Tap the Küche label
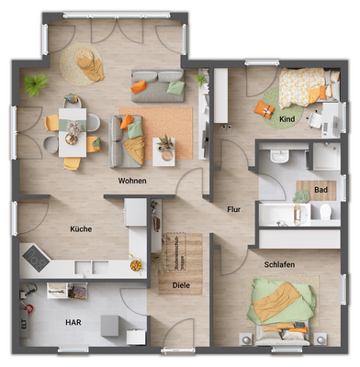81,228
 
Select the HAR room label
73,322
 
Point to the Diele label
182,285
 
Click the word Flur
233,209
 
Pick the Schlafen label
279,264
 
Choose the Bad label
321,190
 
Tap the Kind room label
287,119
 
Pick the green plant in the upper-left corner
36,85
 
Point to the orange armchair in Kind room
265,110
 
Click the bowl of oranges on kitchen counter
136,264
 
